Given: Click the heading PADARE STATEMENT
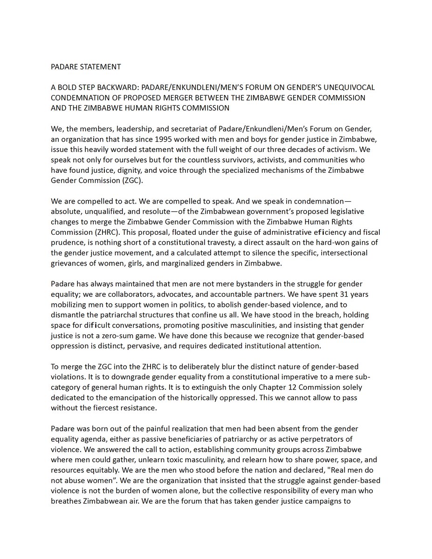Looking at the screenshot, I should coord(86,67).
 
